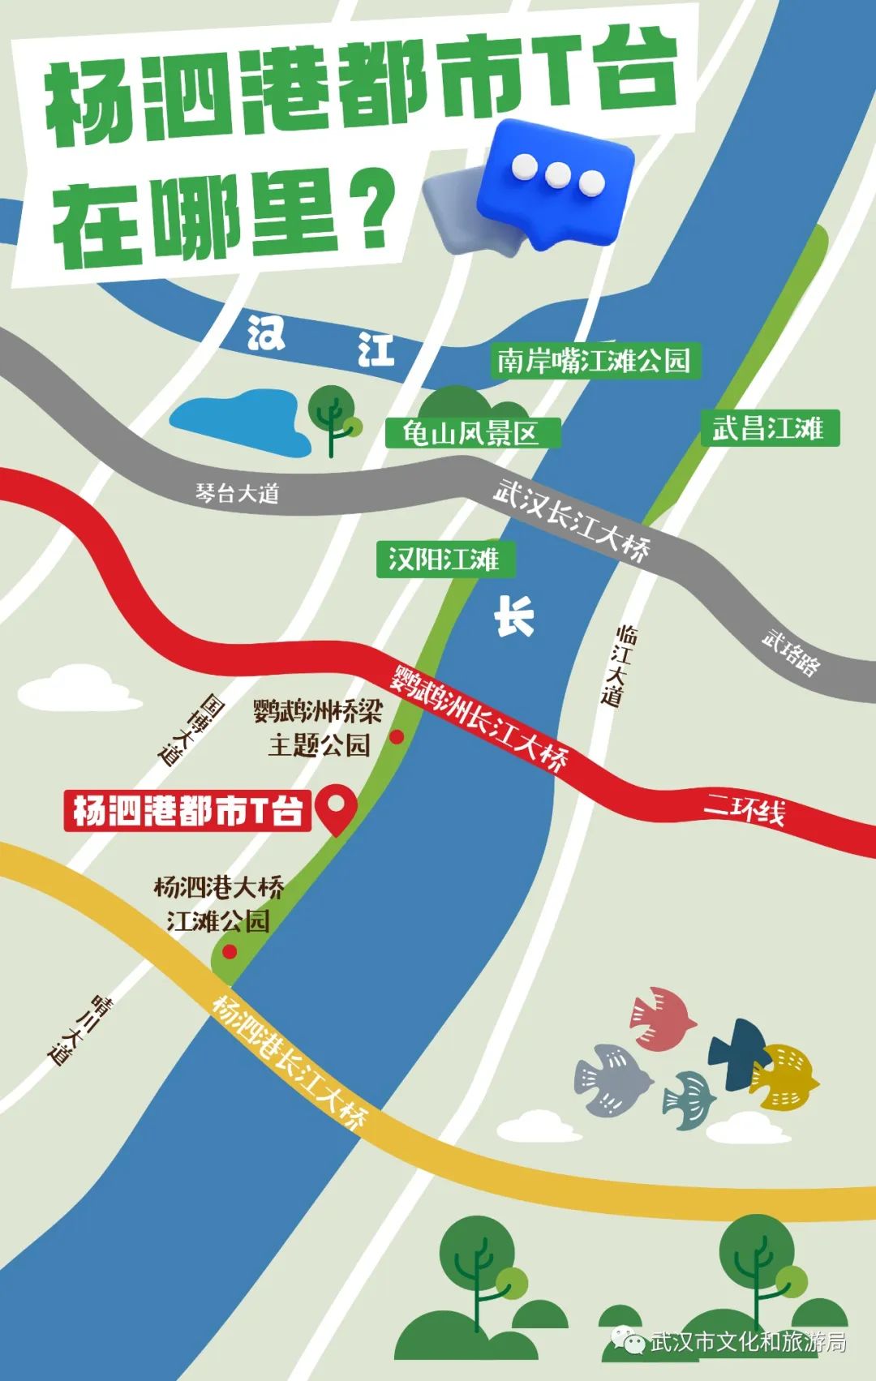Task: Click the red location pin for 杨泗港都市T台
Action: pos(335,806)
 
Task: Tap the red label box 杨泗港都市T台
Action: pos(187,810)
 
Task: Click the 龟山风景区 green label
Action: pos(471,433)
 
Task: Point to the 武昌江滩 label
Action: pos(768,427)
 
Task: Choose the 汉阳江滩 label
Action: pos(444,559)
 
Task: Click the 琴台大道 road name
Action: pos(237,492)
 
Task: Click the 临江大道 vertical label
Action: pos(620,665)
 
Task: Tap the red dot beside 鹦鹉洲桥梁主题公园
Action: pos(397,736)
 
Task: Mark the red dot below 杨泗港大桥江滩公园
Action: pos(230,950)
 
